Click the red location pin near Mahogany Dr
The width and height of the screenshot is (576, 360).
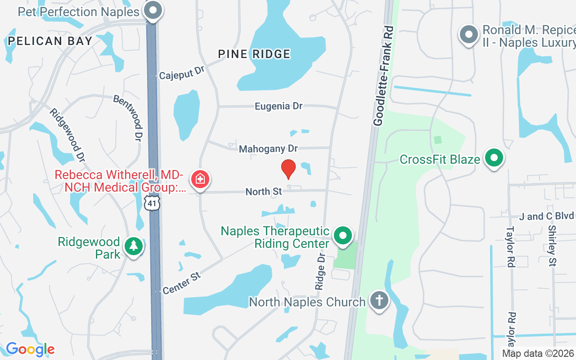click(x=288, y=169)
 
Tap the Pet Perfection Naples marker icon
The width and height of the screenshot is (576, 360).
click(x=153, y=10)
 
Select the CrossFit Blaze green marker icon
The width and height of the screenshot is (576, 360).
click(x=494, y=158)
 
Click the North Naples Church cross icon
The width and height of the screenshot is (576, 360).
click(x=379, y=300)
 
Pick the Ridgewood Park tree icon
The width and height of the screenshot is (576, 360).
click(x=134, y=247)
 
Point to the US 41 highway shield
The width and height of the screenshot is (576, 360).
click(x=153, y=203)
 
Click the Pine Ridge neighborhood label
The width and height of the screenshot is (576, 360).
click(x=254, y=54)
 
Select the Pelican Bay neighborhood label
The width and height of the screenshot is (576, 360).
click(x=50, y=41)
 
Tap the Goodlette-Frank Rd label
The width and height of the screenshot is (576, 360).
click(x=384, y=76)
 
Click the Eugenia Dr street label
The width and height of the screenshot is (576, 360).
click(x=279, y=106)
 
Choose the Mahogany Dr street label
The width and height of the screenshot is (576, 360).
click(x=268, y=148)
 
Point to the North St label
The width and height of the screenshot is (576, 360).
click(x=264, y=192)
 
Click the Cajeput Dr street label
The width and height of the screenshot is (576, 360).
click(x=182, y=72)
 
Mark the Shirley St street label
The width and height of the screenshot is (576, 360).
click(x=553, y=246)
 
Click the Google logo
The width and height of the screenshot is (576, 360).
click(x=30, y=349)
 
